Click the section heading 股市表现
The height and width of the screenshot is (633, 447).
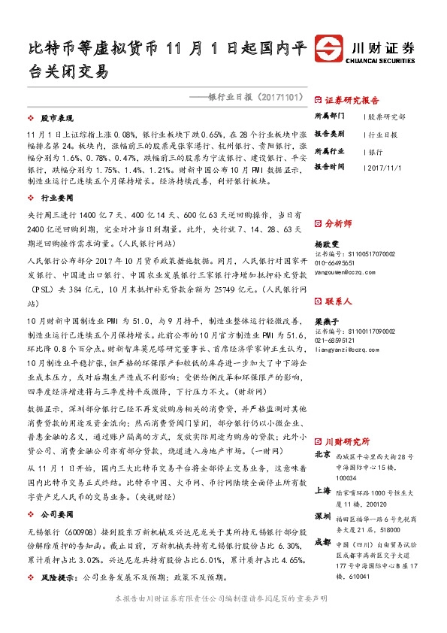coord(56,119)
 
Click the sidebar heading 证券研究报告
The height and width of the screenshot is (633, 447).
coord(352,100)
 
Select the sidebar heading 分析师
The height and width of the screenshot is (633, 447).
coord(338,223)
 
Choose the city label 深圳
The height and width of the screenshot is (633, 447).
coord(322,516)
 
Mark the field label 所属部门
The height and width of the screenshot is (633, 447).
coord(329,117)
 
